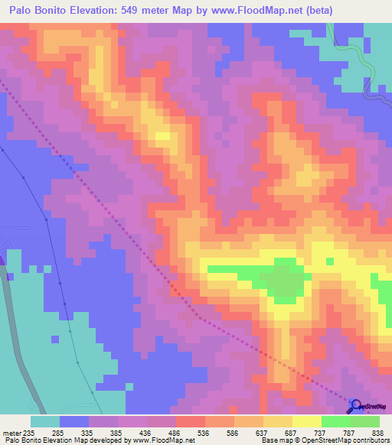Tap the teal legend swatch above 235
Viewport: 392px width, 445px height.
45,421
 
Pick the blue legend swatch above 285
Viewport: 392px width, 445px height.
74,421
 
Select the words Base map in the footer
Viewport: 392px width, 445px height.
276,440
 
